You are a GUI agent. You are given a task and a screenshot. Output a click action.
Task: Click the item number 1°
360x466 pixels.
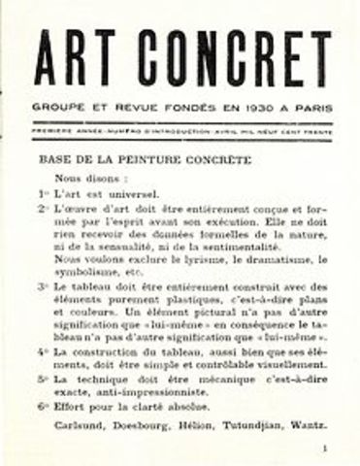(43, 193)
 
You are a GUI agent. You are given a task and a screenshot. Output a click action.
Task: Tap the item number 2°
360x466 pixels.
(43, 209)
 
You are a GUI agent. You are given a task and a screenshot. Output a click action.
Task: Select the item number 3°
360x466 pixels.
(43, 286)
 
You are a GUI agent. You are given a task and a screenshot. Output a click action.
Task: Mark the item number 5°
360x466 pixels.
(43, 380)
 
